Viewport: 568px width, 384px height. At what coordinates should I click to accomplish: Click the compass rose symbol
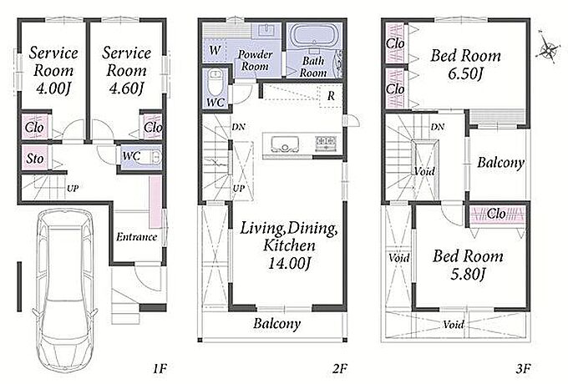[547, 49]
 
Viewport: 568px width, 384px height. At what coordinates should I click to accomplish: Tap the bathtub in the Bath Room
[314, 35]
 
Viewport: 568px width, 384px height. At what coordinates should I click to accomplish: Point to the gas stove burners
[326, 142]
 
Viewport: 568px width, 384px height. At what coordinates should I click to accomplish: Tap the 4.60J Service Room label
[126, 71]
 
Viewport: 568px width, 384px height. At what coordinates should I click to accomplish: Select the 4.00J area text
[53, 88]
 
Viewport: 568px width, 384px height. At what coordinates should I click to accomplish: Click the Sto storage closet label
[35, 159]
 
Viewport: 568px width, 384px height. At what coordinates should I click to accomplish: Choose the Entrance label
[136, 237]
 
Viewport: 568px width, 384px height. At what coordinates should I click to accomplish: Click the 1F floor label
[159, 369]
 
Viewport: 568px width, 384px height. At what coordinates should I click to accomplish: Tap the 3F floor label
[523, 369]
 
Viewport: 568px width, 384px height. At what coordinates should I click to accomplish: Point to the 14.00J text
[289, 263]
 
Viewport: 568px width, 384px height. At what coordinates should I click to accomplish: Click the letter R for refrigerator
[331, 96]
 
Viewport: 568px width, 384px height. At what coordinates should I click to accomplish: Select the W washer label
[216, 50]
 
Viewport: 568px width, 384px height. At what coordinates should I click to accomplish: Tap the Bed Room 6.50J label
[466, 65]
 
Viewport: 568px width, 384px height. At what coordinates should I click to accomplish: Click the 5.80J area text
[468, 275]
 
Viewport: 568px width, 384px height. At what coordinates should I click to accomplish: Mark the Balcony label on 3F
[500, 163]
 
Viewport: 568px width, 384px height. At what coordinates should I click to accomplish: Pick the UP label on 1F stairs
[73, 189]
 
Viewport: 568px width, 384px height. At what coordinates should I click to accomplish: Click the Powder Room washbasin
[268, 30]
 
